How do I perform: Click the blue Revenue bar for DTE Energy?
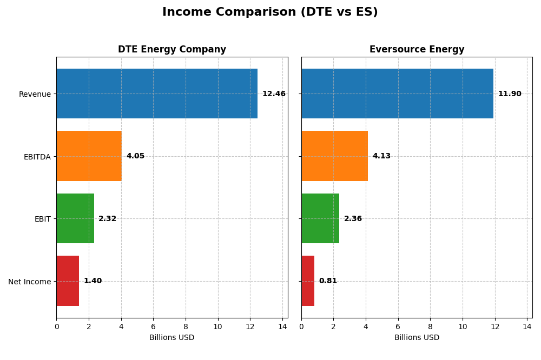(157, 94)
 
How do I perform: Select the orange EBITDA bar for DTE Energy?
(89, 156)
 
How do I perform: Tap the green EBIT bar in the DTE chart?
(75, 218)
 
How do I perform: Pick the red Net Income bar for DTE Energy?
(68, 281)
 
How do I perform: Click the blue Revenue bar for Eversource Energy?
(397, 94)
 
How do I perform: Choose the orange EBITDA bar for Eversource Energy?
(334, 156)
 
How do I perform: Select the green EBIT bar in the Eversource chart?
(320, 218)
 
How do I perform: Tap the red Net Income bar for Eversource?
(308, 281)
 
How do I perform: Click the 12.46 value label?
(274, 94)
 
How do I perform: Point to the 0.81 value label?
(328, 281)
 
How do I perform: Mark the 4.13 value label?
(381, 156)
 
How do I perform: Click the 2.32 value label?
(107, 219)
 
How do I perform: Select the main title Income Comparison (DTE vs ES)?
(270, 12)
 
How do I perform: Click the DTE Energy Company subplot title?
(172, 50)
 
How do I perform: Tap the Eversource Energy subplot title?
(417, 50)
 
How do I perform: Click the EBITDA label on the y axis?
(37, 157)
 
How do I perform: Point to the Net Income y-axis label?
(29, 282)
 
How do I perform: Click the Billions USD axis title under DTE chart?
(171, 338)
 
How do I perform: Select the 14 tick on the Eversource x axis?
(527, 326)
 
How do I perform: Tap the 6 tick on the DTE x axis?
(153, 326)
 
